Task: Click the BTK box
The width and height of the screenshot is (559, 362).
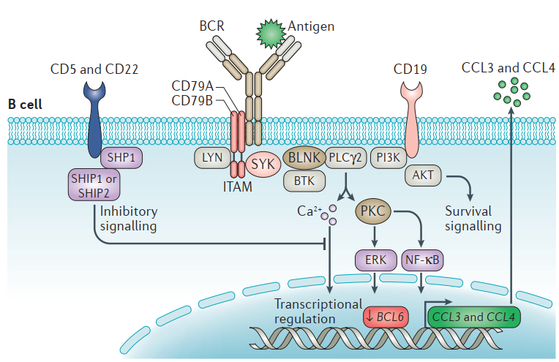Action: pos(301,178)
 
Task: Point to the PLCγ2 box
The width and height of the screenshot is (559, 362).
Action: pos(346,156)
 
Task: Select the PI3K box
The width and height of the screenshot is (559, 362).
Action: pos(389,156)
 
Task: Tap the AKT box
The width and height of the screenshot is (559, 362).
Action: pos(423,176)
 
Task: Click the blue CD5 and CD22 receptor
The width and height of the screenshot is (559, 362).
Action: pos(95,117)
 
